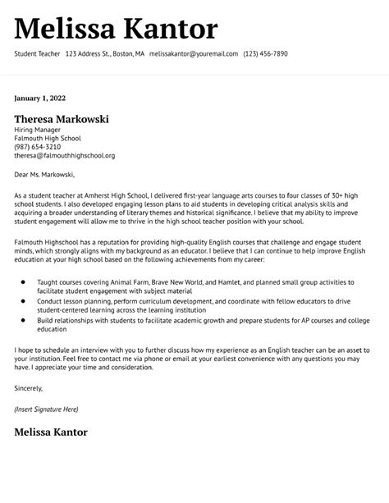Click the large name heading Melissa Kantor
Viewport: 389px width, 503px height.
pos(116,30)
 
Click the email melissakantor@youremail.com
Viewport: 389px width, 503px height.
pos(194,53)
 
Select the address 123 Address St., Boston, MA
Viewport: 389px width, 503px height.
pos(105,53)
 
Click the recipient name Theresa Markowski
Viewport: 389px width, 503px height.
pos(62,119)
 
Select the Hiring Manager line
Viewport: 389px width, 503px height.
pos(38,130)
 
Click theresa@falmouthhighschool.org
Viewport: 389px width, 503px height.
pos(65,155)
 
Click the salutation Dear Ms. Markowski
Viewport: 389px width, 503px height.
pos(44,174)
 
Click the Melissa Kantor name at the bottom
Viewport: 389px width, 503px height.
pos(50,432)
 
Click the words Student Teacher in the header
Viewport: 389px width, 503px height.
pos(36,53)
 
